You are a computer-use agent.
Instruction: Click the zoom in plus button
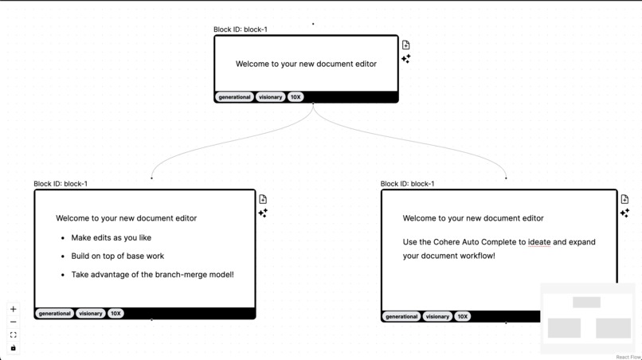14,309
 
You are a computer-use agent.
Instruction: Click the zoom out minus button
14,322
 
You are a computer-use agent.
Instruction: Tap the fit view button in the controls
14,335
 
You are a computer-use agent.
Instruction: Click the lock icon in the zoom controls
14,348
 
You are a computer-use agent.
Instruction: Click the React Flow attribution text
628,357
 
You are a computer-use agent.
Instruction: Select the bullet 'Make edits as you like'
111,237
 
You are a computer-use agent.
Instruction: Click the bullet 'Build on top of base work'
117,256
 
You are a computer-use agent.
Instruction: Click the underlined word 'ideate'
539,242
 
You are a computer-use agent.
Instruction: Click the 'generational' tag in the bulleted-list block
55,314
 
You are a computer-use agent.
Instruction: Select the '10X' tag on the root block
296,97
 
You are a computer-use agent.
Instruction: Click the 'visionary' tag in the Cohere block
437,316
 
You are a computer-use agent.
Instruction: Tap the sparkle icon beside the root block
406,59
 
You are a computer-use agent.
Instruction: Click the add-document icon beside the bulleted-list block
263,199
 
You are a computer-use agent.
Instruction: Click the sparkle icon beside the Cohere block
624,213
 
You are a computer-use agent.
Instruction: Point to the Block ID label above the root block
241,29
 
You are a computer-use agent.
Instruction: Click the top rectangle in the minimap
586,303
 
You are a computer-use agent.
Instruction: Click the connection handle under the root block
313,104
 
